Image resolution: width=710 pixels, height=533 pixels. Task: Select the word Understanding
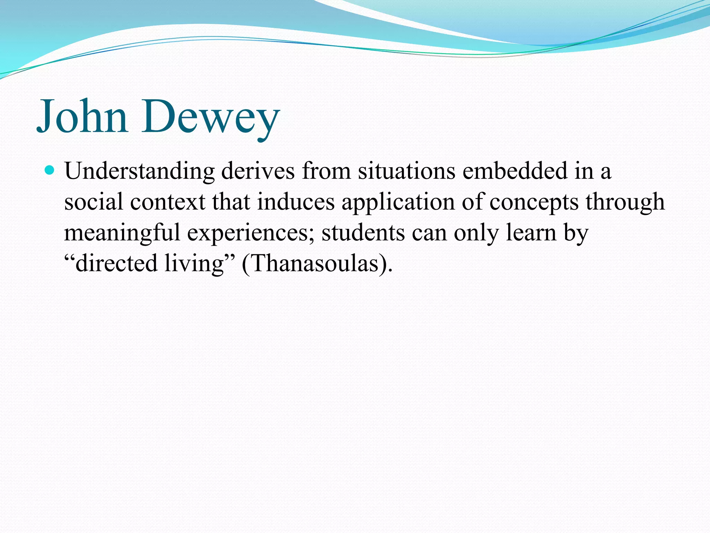139,171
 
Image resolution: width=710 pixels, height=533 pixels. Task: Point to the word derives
258,171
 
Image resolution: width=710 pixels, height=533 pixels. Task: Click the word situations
406,171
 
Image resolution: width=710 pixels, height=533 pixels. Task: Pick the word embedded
514,171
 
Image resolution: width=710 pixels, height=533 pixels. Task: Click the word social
94,202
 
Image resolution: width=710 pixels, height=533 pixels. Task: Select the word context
168,202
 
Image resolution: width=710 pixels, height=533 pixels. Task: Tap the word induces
296,202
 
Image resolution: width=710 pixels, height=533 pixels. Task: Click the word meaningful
122,233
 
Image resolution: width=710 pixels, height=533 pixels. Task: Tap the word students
363,233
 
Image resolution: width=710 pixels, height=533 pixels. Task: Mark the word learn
531,233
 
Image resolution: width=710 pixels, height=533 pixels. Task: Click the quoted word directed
116,263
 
